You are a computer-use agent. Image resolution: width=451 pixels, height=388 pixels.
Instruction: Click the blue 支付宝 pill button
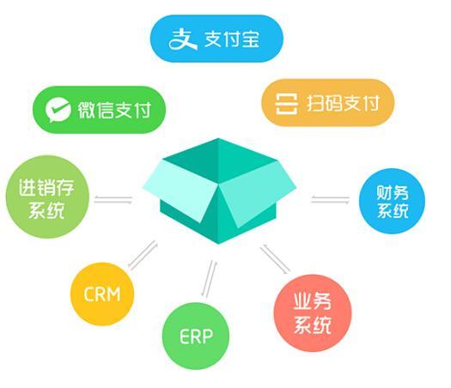coord(216,39)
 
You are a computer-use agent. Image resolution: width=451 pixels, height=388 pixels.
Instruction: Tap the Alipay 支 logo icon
coord(183,39)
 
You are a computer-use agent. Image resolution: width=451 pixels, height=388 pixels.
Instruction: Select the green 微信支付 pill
coord(100,110)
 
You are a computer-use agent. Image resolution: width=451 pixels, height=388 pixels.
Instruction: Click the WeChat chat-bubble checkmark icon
coord(58,110)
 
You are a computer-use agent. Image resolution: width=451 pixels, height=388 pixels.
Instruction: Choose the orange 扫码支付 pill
coord(327,103)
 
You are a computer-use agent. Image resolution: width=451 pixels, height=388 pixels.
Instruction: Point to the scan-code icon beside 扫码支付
coord(286,104)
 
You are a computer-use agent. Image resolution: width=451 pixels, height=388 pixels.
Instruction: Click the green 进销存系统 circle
coord(47,197)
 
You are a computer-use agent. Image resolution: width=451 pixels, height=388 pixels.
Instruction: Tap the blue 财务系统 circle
coord(392,201)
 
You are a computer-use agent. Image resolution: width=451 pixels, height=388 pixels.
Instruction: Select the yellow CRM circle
coord(102,294)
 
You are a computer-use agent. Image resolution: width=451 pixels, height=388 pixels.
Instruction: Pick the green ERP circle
coord(196,336)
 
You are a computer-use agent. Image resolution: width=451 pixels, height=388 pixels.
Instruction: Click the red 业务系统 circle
coord(313,313)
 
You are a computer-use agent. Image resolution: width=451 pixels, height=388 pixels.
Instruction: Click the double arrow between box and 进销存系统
coord(113,199)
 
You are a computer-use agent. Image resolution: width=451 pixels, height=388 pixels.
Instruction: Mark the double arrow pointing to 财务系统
coord(330,199)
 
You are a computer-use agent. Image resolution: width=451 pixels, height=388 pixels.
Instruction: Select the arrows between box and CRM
coord(143,255)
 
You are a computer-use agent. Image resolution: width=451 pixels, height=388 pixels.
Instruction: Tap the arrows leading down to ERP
coord(209,279)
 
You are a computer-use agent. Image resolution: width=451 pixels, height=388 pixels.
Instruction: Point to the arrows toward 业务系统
coord(275,259)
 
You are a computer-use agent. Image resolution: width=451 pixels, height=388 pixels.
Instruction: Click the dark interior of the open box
coord(218,160)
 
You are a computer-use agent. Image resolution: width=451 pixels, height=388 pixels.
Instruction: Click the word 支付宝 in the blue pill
coord(232,39)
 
